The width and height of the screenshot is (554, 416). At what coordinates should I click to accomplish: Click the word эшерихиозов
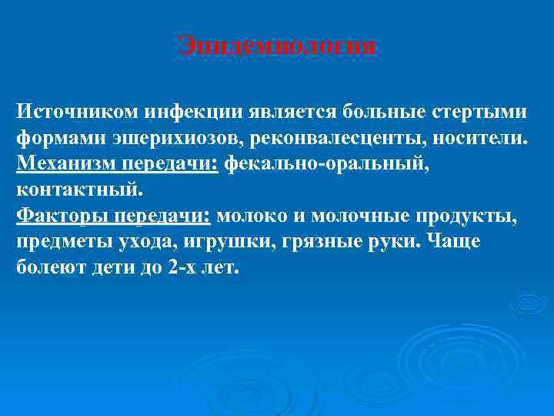(x=154, y=138)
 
